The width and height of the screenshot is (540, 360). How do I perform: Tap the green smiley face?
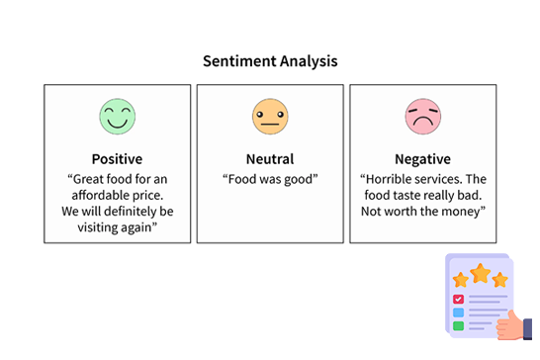click(117, 116)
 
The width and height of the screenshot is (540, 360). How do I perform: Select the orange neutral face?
click(269, 116)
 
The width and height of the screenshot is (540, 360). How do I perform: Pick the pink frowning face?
click(422, 116)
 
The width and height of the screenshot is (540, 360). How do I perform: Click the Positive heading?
click(117, 159)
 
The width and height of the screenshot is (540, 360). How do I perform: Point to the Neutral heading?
click(269, 159)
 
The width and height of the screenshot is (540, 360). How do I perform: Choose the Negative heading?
click(422, 159)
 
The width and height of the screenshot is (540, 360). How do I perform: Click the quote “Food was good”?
click(269, 179)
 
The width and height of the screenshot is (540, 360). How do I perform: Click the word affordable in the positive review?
click(96, 195)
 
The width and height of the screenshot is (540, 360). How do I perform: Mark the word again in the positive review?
click(138, 226)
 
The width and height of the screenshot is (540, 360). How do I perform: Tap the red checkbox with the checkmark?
click(458, 299)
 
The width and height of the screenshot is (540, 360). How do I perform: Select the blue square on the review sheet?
click(458, 313)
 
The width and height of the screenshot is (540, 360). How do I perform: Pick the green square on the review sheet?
click(458, 325)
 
